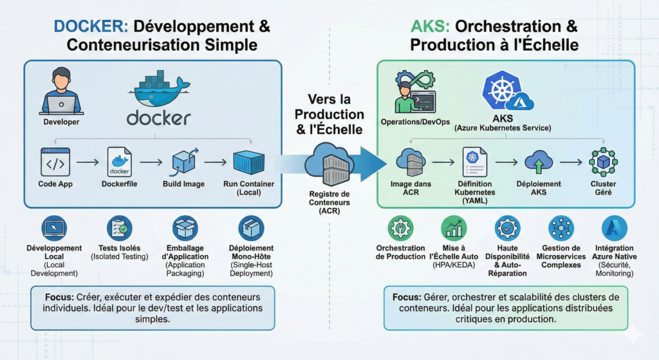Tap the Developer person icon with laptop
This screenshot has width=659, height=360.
click(x=61, y=92)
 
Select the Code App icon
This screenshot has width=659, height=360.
click(x=55, y=162)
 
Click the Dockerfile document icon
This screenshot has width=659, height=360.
click(x=119, y=162)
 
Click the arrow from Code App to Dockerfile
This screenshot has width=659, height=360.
click(x=87, y=163)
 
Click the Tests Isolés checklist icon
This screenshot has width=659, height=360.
click(x=119, y=228)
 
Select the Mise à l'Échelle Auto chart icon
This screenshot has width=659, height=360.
click(x=454, y=228)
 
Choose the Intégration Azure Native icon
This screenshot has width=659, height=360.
click(x=615, y=228)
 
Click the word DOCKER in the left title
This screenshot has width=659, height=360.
click(x=90, y=27)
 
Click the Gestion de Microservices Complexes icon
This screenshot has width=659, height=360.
click(x=561, y=228)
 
